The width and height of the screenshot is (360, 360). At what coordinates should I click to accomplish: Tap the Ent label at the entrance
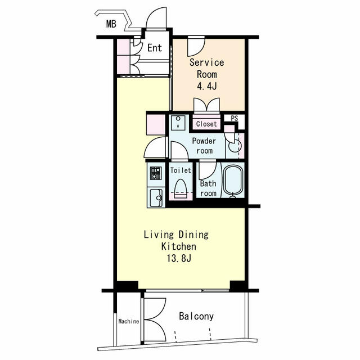tap(155, 48)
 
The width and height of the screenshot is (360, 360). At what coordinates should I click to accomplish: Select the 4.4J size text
tap(206, 87)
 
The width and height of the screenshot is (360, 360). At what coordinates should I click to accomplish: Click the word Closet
tap(206, 124)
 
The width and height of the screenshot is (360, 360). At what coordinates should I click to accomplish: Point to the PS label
tap(235, 119)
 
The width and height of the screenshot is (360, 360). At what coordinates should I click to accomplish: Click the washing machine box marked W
tap(178, 123)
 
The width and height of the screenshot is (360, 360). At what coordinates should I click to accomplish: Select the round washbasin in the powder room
tap(235, 147)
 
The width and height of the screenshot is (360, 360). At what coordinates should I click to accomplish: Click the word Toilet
tap(181, 170)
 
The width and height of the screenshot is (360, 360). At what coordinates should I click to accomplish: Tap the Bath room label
tap(208, 188)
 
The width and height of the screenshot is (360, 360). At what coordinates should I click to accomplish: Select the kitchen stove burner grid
tap(155, 173)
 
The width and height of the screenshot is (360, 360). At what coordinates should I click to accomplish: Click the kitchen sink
tap(155, 197)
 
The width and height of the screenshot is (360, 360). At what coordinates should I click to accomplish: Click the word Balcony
tap(196, 317)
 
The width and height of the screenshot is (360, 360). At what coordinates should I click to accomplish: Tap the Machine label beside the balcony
tap(129, 322)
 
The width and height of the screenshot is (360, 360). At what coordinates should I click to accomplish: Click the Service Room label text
tap(206, 68)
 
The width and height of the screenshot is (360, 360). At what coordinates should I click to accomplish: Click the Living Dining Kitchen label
tap(176, 241)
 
